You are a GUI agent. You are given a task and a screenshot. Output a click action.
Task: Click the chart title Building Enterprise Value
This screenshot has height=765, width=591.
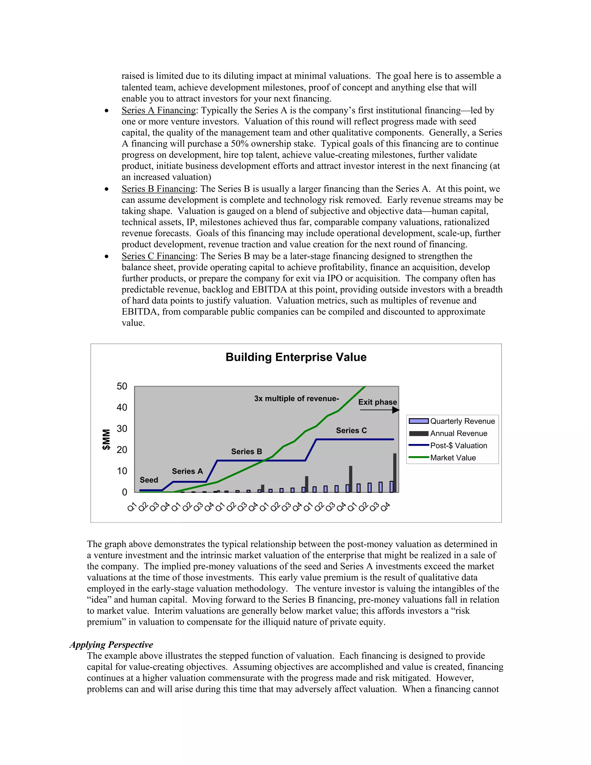(296, 357)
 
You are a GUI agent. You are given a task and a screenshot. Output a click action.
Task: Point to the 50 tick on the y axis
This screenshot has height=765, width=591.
(122, 386)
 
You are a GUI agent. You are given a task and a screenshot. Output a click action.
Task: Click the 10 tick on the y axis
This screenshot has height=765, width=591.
(122, 471)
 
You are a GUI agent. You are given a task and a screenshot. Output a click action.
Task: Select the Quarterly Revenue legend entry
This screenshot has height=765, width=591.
(462, 421)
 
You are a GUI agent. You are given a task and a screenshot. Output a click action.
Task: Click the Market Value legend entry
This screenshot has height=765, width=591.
(453, 458)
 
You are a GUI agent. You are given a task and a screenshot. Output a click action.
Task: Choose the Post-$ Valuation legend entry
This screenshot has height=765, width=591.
(458, 445)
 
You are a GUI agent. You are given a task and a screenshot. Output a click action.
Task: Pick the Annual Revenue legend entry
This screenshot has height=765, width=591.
(458, 433)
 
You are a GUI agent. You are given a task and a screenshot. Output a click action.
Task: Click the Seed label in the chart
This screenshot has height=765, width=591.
(149, 480)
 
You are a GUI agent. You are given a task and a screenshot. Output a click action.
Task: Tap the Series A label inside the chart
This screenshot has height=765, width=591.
(187, 471)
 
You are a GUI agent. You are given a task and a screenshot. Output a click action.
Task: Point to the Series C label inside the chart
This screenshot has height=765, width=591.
(351, 430)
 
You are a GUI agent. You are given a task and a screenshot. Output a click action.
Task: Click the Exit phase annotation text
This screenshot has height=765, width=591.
(377, 402)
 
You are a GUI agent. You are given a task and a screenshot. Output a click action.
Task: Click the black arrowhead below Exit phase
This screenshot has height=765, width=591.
(396, 410)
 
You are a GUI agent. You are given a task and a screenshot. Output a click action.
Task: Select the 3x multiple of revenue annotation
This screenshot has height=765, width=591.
(296, 399)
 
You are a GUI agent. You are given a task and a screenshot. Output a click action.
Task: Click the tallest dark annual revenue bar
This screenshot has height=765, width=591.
(394, 473)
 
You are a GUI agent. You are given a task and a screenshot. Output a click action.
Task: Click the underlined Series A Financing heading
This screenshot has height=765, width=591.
(159, 110)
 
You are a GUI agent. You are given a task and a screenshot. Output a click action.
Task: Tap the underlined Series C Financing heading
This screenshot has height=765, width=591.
(159, 256)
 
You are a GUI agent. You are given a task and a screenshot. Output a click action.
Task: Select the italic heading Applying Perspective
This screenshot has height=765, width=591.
(111, 645)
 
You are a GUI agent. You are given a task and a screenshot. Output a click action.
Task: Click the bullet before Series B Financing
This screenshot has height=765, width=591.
(106, 189)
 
